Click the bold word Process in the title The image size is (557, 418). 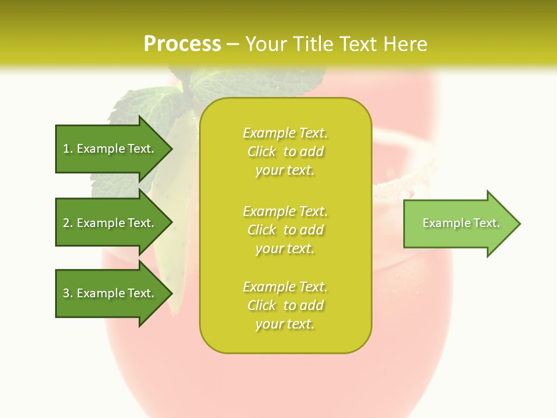182,44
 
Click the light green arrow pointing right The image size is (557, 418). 458,224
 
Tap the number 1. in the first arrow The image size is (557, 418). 68,149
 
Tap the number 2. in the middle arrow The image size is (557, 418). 68,223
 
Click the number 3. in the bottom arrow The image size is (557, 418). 68,293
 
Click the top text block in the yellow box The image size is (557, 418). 285,152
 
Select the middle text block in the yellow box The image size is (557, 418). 285,230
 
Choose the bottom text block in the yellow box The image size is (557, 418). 285,305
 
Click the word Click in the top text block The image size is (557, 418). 262,152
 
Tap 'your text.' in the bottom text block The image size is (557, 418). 285,324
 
